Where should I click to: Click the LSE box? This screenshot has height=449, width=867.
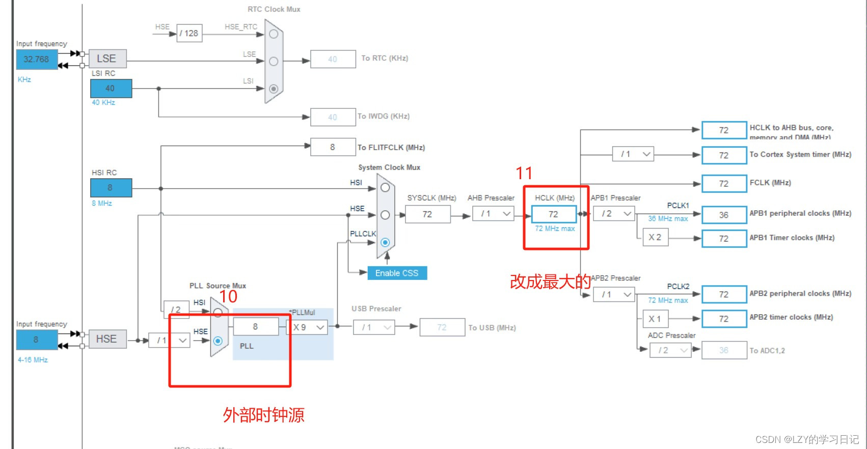pyautogui.click(x=107, y=59)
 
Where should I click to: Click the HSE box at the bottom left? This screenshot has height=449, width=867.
pyautogui.click(x=107, y=339)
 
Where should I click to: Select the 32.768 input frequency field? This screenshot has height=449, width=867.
pyautogui.click(x=36, y=60)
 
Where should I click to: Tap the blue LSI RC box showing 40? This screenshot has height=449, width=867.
pyautogui.click(x=111, y=89)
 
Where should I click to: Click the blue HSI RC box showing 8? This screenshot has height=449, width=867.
pyautogui.click(x=111, y=188)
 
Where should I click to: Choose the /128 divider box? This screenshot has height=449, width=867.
pyautogui.click(x=189, y=34)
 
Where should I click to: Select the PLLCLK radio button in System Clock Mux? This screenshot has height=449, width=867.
pyautogui.click(x=385, y=242)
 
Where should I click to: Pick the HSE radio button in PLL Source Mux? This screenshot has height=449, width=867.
pyautogui.click(x=218, y=341)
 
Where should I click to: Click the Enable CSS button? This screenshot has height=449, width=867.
pyautogui.click(x=397, y=273)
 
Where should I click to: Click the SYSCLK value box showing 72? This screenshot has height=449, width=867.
pyautogui.click(x=427, y=214)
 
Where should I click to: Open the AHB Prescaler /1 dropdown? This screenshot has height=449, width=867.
pyautogui.click(x=493, y=214)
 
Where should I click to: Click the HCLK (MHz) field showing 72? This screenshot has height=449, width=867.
pyautogui.click(x=554, y=214)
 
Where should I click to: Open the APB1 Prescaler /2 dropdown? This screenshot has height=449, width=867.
pyautogui.click(x=614, y=214)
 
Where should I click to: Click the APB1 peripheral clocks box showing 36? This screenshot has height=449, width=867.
pyautogui.click(x=724, y=215)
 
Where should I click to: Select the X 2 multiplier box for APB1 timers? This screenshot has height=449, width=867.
pyautogui.click(x=655, y=238)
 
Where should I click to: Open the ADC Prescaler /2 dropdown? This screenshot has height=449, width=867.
pyautogui.click(x=670, y=350)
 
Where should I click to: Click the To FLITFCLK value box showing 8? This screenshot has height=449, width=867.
pyautogui.click(x=333, y=147)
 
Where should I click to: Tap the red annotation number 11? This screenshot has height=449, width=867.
pyautogui.click(x=524, y=174)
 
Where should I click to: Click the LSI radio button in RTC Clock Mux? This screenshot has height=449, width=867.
pyautogui.click(x=274, y=89)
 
